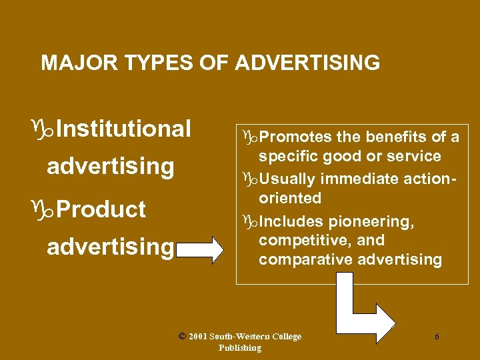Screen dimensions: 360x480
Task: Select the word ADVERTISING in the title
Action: [307, 63]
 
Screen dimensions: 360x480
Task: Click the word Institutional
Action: [124, 128]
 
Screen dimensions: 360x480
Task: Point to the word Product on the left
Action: [101, 209]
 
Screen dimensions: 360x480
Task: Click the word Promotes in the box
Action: [295, 137]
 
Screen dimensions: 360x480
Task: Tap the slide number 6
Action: [437, 337]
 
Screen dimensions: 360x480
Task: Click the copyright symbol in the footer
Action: [182, 336]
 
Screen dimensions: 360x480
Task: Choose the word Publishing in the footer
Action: [240, 348]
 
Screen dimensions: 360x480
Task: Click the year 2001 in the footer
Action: [198, 337]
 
